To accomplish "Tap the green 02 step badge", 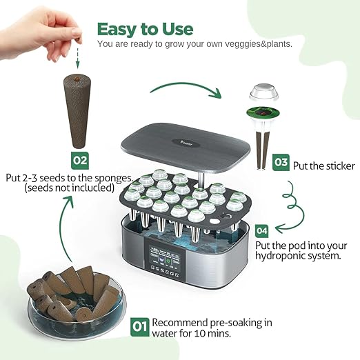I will (x=81, y=160).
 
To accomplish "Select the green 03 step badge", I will (x=281, y=163).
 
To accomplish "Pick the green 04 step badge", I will (x=262, y=230).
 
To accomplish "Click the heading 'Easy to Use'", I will (x=145, y=29).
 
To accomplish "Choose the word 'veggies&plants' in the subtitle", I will (x=254, y=44).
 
